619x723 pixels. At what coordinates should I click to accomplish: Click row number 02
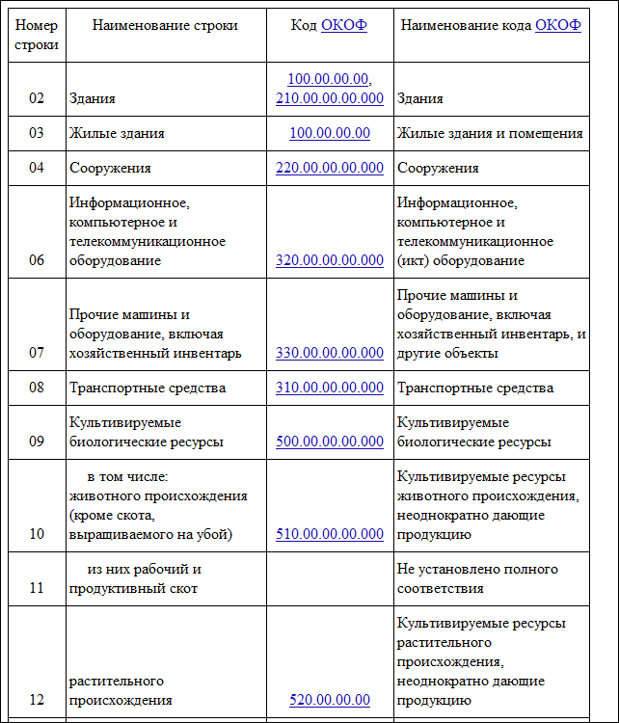pyautogui.click(x=37, y=98)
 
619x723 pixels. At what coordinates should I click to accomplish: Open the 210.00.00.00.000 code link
pyautogui.click(x=329, y=98)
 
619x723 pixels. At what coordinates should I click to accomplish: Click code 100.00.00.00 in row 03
pyautogui.click(x=329, y=133)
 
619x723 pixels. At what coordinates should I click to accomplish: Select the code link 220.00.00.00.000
pyautogui.click(x=329, y=168)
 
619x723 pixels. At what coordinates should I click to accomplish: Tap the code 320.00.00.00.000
pyautogui.click(x=329, y=260)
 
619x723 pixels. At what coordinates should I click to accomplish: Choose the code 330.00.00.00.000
pyautogui.click(x=329, y=353)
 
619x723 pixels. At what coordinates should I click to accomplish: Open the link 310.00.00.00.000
pyautogui.click(x=329, y=388)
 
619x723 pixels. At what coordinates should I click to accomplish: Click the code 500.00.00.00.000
pyautogui.click(x=329, y=442)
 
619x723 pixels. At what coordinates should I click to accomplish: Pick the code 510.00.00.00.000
pyautogui.click(x=329, y=534)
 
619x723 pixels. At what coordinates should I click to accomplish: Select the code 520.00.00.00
pyautogui.click(x=329, y=700)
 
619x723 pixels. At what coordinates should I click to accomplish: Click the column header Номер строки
pyautogui.click(x=37, y=35)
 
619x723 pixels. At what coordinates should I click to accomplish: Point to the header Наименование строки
pyautogui.click(x=165, y=25)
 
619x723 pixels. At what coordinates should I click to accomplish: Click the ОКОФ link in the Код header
pyautogui.click(x=344, y=25)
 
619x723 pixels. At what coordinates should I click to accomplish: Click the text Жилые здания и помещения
pyautogui.click(x=489, y=133)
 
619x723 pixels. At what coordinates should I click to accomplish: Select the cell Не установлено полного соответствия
pyautogui.click(x=468, y=578)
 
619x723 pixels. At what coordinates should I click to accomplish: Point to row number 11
pyautogui.click(x=37, y=588)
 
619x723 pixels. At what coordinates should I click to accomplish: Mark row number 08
pyautogui.click(x=37, y=388)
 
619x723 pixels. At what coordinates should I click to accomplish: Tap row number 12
pyautogui.click(x=37, y=700)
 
